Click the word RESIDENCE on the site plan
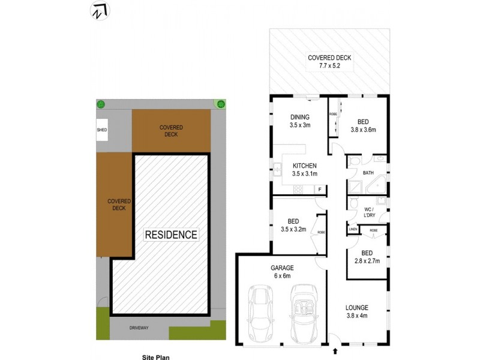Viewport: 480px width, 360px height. (171, 235)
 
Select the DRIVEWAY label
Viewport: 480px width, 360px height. (138, 328)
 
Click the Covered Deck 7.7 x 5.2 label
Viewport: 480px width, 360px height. (329, 62)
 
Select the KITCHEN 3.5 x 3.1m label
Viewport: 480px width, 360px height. (304, 170)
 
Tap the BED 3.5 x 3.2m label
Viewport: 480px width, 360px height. (293, 225)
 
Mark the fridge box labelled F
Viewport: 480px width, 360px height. (320, 190)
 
